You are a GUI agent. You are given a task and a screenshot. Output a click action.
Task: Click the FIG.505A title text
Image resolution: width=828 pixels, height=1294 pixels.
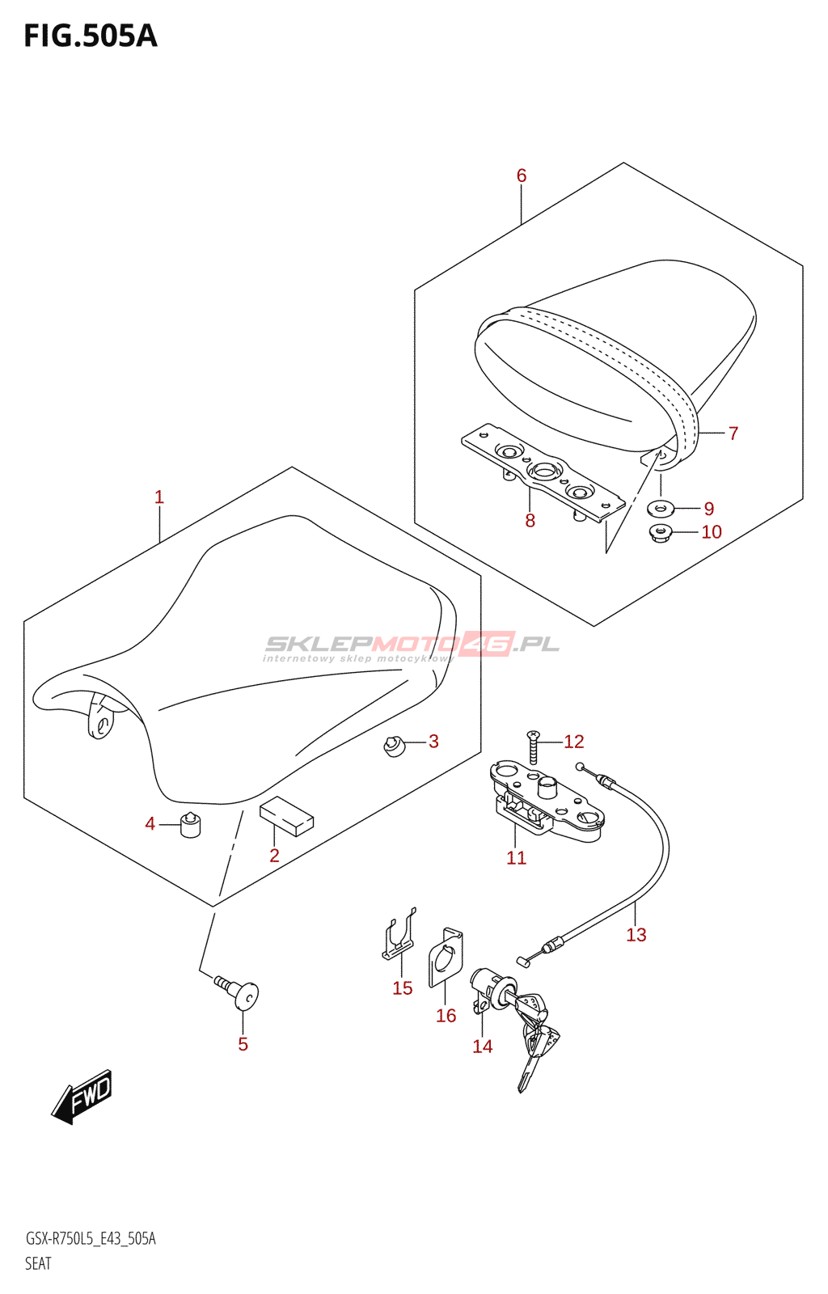coord(91,36)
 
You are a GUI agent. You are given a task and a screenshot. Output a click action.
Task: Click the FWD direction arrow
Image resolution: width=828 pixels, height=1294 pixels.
coord(82,1097)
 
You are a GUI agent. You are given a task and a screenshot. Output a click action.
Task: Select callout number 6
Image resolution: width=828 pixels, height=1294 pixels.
coord(522,175)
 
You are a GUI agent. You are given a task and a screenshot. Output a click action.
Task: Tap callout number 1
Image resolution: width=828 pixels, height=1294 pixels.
coord(159,497)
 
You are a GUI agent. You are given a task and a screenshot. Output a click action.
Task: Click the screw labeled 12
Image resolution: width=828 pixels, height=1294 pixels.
coord(533,746)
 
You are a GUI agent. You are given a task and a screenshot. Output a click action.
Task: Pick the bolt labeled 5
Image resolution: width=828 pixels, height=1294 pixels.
coord(239,992)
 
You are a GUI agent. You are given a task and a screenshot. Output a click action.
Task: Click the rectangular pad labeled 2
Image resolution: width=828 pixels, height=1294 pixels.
coord(286,815)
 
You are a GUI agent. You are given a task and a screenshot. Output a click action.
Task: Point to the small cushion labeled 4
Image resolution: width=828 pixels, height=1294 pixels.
coord(191,825)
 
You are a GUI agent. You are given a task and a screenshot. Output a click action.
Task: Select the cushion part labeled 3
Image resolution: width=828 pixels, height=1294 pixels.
coord(394,745)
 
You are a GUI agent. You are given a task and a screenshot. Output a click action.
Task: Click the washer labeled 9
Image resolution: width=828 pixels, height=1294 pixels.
coord(661,509)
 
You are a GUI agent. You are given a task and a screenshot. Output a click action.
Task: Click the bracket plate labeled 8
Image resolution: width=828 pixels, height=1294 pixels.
coord(543,476)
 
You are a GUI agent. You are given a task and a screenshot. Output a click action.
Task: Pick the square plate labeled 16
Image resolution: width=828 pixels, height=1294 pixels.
coord(446,958)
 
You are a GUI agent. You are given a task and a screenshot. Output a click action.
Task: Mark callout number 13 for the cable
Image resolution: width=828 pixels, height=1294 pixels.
coord(636,935)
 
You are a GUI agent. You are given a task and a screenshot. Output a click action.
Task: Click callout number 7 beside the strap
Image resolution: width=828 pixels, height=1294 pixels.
coord(733,433)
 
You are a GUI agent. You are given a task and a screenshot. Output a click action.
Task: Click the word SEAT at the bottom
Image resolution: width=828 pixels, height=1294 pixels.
coord(38,1263)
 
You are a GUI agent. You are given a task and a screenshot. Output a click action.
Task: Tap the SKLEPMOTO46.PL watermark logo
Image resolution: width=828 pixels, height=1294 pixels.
coord(412,645)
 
